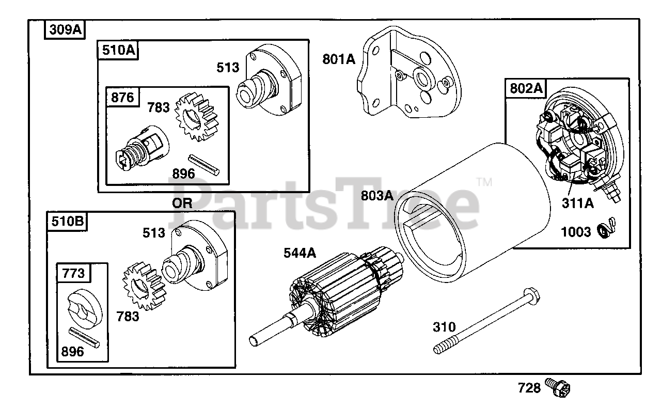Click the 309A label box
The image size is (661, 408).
(x=65, y=30)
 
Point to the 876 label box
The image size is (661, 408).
(x=122, y=97)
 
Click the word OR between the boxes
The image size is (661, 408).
(x=182, y=203)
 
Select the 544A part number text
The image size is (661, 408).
(x=300, y=253)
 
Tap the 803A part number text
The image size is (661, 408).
(x=377, y=196)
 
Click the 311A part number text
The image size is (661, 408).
(x=577, y=203)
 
